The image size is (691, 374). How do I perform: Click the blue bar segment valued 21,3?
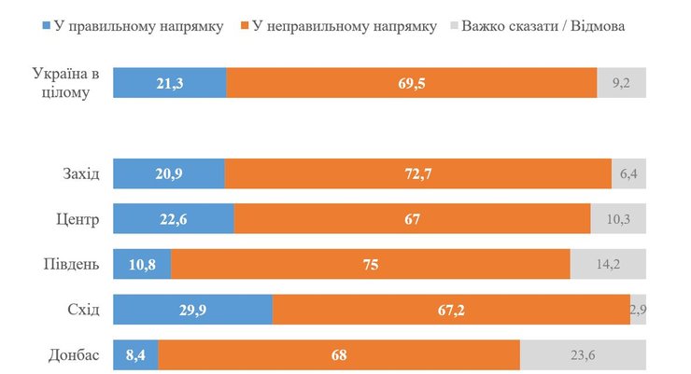pos(169,83)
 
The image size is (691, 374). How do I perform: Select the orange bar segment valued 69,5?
pos(411,83)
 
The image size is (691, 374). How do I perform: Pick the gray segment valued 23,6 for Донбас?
pos(583,355)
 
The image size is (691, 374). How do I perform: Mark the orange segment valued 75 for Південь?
pos(370,265)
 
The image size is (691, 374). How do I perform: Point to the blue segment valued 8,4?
pos(135,355)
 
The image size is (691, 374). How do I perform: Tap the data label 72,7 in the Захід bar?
pos(418,174)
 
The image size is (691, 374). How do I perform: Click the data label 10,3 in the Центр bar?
pos(618,220)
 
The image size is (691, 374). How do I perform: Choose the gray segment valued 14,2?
pos(608,265)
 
